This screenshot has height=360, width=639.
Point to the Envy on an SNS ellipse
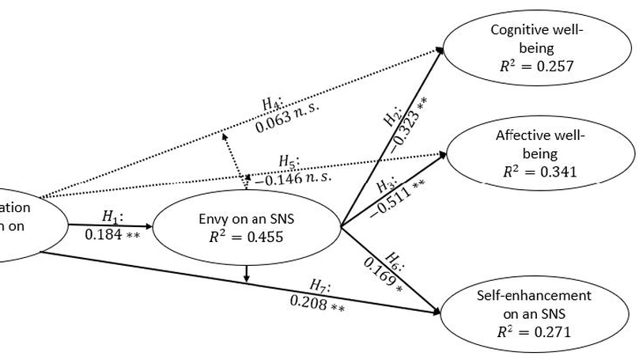click(246, 225)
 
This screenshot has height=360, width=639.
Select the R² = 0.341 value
click(540, 172)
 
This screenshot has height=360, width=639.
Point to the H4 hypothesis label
click(273, 103)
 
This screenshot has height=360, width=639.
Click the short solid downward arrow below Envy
click(248, 274)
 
